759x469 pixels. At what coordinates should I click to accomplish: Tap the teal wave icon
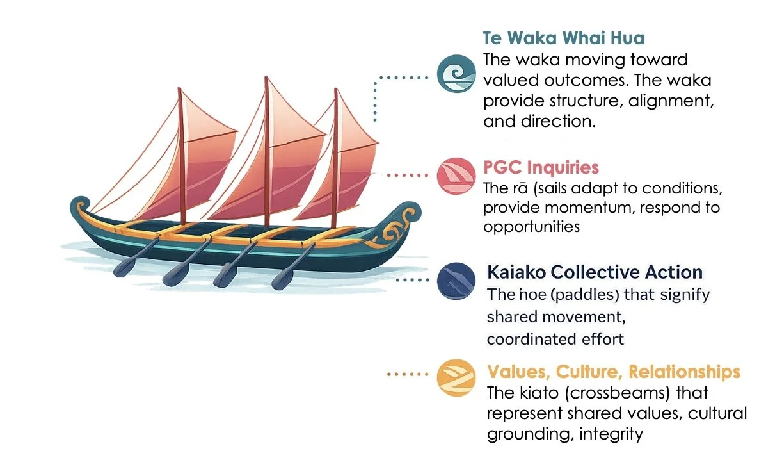(x=456, y=74)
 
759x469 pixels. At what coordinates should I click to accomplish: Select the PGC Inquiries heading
(x=541, y=168)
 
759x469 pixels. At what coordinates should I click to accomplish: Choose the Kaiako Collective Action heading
(x=595, y=272)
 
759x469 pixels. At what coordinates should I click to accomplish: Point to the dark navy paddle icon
(x=456, y=280)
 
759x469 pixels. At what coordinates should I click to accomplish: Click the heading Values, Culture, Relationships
(x=614, y=372)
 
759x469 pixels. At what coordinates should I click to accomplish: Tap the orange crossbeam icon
(x=456, y=377)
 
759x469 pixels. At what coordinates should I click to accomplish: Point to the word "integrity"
(x=611, y=434)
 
